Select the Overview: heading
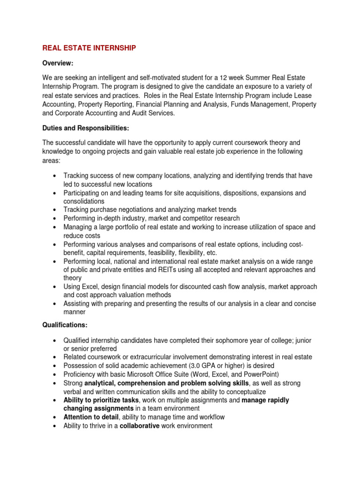tap(58, 63)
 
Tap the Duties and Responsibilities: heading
tap(85, 128)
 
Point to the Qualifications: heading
tap(65, 324)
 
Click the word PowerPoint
tap(260, 374)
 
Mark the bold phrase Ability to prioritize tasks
tap(101, 400)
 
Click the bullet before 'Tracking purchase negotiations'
tap(55, 210)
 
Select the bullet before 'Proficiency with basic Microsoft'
tap(55, 374)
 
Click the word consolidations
tap(84, 201)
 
